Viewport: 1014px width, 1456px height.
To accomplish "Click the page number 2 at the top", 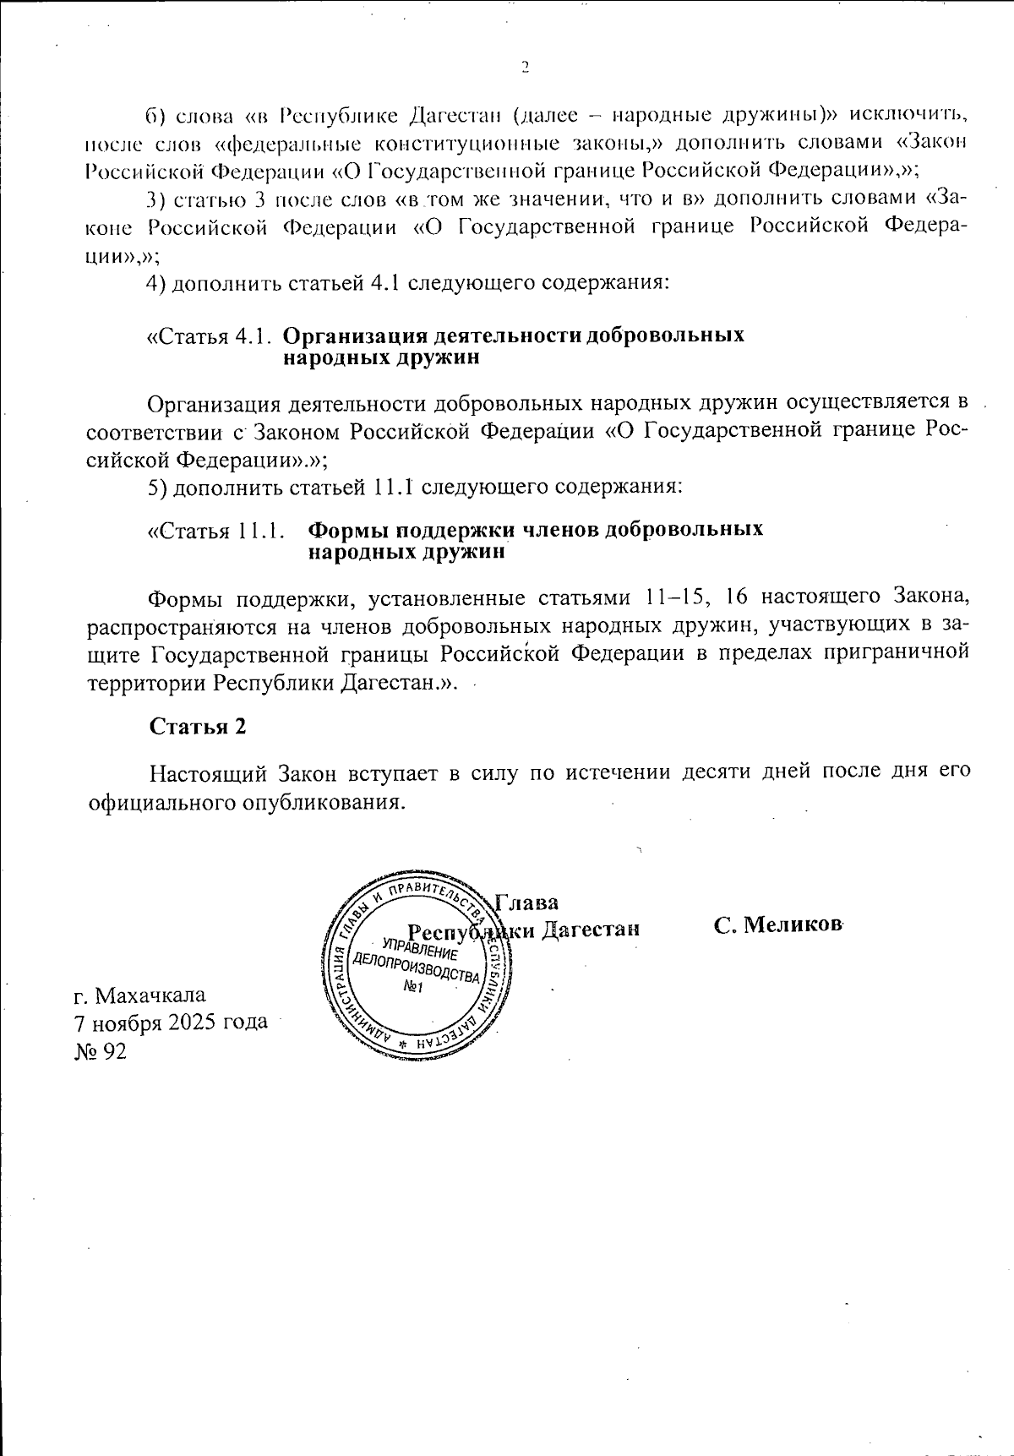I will pyautogui.click(x=524, y=68).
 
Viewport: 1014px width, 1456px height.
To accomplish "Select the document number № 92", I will pyautogui.click(x=101, y=1050).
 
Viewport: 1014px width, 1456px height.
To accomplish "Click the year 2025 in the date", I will pyautogui.click(x=190, y=1022).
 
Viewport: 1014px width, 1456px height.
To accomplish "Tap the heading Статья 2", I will pyautogui.click(x=198, y=727).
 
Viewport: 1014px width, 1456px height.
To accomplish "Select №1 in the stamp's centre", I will pyautogui.click(x=414, y=988).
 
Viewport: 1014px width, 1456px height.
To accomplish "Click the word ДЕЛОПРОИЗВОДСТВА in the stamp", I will pyautogui.click(x=416, y=968).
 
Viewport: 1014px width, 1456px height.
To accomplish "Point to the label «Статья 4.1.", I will pyautogui.click(x=209, y=335).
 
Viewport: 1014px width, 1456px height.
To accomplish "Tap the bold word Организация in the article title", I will pyautogui.click(x=349, y=335).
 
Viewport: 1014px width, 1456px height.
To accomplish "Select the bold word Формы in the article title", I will pyautogui.click(x=346, y=530).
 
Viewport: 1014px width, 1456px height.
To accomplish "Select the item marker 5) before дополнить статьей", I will pyautogui.click(x=156, y=488).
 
